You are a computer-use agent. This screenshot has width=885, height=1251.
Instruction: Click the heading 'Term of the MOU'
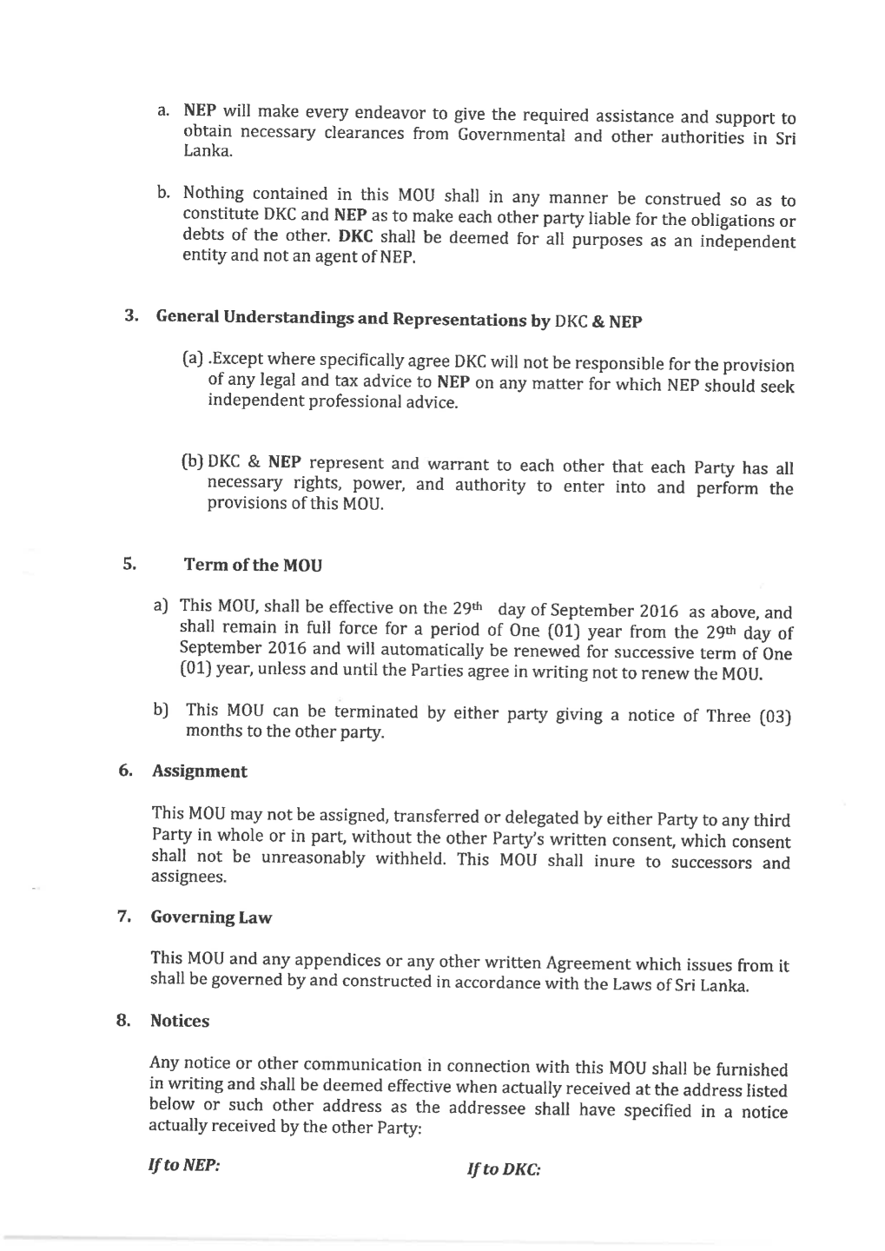tap(253, 566)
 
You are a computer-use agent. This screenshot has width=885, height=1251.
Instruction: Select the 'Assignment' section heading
tap(199, 771)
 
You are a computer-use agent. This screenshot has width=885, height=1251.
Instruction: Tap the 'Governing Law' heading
tap(211, 917)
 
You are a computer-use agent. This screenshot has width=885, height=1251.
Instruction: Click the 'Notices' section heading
tap(180, 1021)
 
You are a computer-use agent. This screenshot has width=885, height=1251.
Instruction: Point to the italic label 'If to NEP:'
tap(185, 1165)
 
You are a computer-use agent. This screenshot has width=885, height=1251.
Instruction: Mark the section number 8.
tap(124, 1020)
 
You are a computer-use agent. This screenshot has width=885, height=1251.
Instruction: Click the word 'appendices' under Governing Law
tap(338, 960)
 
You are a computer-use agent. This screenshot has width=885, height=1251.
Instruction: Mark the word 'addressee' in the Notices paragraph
tap(486, 1109)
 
